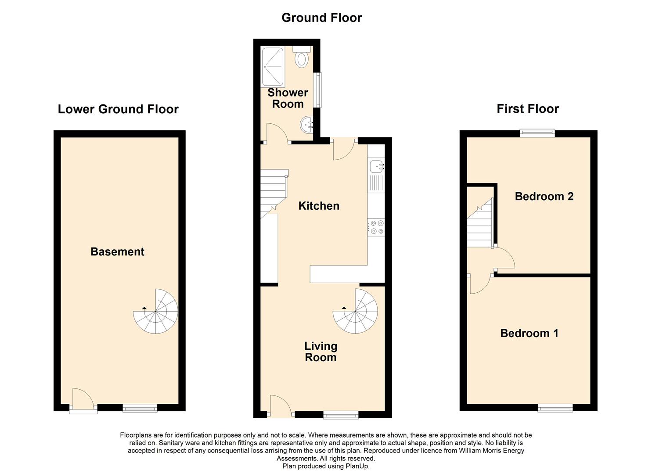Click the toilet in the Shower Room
point(302,58)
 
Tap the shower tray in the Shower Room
point(272,67)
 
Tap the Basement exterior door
point(83,400)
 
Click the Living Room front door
point(281,406)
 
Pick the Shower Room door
point(277,134)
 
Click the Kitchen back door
point(344,149)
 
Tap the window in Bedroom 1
point(555,408)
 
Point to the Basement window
point(140,408)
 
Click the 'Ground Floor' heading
point(321,18)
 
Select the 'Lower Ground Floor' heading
point(118,109)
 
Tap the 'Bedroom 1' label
point(529,333)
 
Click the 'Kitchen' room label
point(319,206)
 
